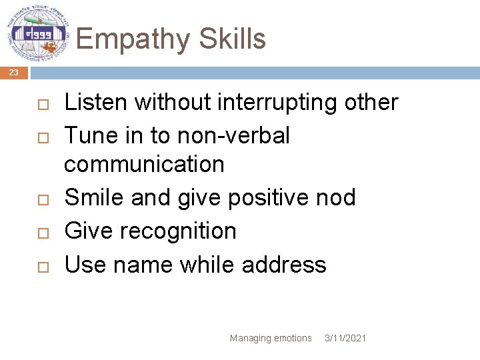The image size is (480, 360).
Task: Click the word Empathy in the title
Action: [x=125, y=39]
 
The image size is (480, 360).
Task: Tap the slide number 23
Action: [x=14, y=73]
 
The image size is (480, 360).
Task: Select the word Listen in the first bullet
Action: [x=96, y=102]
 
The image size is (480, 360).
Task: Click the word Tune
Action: [x=90, y=135]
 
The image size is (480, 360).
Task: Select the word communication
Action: [x=144, y=163]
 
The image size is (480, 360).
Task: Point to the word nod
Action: [x=337, y=197]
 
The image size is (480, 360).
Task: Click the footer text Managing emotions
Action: [x=271, y=338]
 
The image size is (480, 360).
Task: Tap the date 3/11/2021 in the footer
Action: [x=345, y=338]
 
